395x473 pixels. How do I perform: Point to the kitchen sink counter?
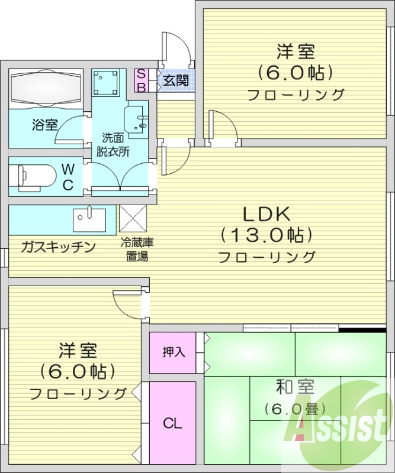(x=89, y=220)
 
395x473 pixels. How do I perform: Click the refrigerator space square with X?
(x=134, y=219)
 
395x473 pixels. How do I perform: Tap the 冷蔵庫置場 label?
(x=134, y=249)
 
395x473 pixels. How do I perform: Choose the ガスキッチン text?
(x=58, y=247)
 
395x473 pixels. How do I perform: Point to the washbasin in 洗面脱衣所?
(x=137, y=119)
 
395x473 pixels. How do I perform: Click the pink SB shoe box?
(x=142, y=80)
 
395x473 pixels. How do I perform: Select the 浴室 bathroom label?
(x=44, y=125)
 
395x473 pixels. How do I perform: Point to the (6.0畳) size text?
(x=294, y=409)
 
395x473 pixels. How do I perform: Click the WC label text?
(x=68, y=177)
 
